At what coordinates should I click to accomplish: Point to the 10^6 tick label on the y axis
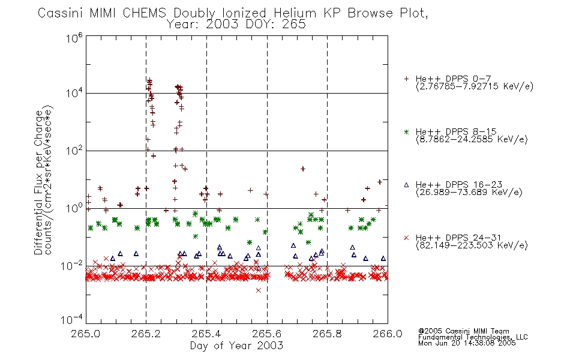(x=74, y=38)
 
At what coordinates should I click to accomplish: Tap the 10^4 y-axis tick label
(x=74, y=93)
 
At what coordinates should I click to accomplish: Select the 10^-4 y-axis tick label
(x=72, y=320)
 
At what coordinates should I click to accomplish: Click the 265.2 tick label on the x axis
(x=146, y=334)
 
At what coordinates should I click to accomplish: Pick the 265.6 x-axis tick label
(x=267, y=334)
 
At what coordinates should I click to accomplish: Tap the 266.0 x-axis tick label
(x=388, y=334)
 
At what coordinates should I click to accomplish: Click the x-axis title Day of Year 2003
(x=236, y=346)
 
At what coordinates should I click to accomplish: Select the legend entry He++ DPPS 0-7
(x=454, y=79)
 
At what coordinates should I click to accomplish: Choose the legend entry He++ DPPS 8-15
(x=456, y=131)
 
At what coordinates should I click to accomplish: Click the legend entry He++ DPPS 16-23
(x=459, y=185)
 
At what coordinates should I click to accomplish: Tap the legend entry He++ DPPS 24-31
(x=459, y=238)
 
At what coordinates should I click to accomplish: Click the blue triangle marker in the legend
(x=406, y=185)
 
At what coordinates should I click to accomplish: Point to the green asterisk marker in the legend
(x=406, y=132)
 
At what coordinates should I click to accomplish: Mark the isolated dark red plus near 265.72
(x=303, y=169)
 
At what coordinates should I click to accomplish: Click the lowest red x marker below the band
(x=259, y=290)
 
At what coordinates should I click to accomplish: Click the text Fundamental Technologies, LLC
(x=473, y=337)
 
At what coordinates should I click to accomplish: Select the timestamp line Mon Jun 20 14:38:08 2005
(x=467, y=343)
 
